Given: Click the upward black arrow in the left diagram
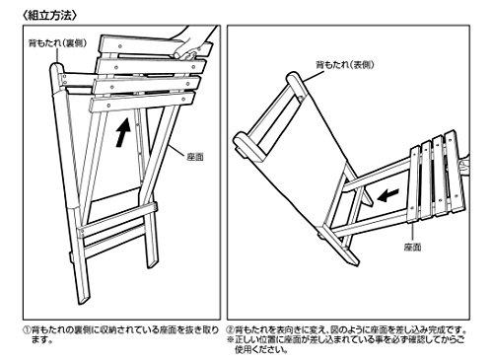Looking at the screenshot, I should coord(121,133).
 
